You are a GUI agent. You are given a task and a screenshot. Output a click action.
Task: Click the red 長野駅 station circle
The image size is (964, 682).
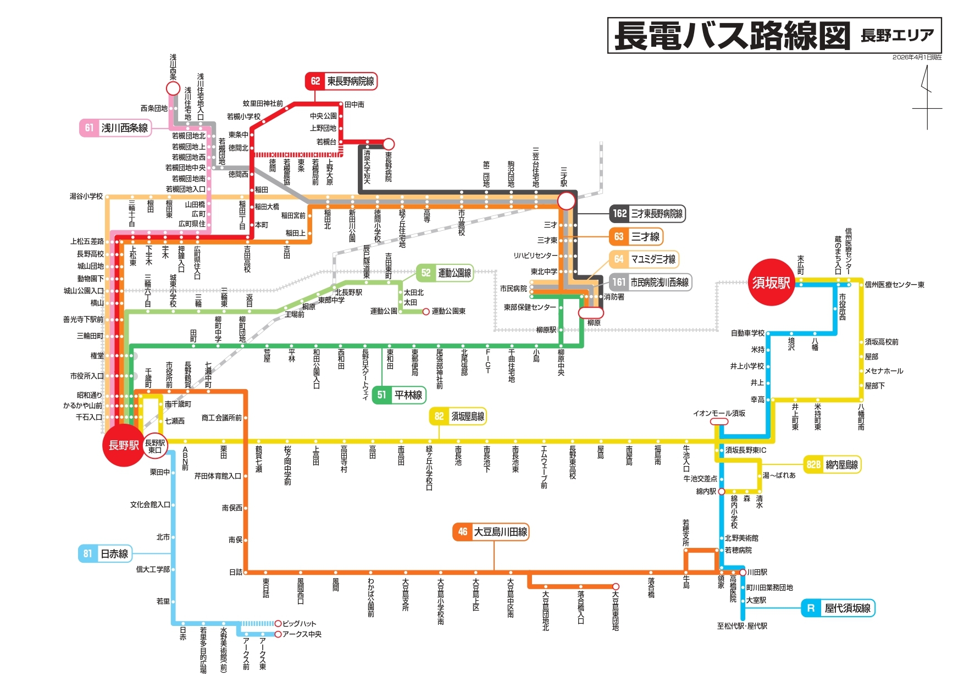pos(123,445)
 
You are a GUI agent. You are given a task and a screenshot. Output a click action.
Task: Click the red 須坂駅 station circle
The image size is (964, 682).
pos(771,282)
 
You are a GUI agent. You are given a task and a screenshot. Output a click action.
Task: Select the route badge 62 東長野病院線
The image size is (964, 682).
pos(341,81)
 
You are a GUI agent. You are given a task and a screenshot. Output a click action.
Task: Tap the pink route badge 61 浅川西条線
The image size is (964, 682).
pos(115,127)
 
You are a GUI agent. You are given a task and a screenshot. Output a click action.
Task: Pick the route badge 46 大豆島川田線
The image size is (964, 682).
pos(491,531)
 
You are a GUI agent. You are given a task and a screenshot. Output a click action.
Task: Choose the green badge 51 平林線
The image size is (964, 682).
pos(399,395)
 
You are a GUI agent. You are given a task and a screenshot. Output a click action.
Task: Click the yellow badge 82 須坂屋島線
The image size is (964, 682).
pos(458,416)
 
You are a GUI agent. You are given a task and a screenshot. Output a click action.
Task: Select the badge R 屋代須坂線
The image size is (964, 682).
pos(838,608)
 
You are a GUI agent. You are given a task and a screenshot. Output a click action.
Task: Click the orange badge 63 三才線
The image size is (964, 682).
pos(636,236)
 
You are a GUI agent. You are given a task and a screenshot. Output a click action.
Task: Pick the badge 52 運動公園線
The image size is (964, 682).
pos(445,273)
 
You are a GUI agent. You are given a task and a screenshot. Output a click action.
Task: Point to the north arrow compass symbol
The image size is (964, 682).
pos(927,97)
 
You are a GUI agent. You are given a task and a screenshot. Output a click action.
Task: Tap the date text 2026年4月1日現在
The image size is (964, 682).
pos(917,57)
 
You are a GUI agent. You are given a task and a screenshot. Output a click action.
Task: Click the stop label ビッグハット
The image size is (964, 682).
pos(300,623)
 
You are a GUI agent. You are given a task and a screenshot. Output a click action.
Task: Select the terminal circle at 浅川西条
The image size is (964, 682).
pos(173,88)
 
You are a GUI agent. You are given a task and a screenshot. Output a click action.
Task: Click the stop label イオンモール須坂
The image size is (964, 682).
pos(719,413)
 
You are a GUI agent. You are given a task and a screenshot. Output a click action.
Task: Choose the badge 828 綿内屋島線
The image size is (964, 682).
pos(832,464)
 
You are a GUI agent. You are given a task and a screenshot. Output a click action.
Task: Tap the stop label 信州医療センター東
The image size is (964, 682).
pos(894,285)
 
